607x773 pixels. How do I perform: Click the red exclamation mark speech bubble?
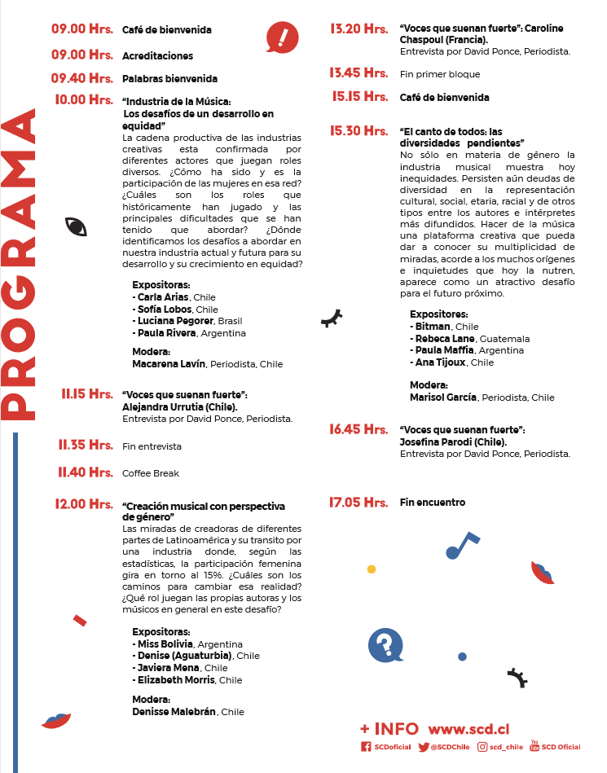pos(282,37)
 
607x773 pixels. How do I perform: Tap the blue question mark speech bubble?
pos(385,646)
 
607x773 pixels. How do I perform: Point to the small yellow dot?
pos(372,569)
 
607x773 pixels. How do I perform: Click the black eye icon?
pos(76,227)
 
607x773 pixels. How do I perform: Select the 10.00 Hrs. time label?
pos(83,100)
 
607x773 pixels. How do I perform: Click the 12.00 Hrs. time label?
pos(84,504)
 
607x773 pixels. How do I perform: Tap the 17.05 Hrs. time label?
pos(358,503)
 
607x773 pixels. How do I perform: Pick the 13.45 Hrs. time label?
pos(358,73)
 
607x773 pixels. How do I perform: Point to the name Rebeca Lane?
pos(444,339)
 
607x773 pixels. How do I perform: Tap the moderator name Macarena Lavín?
pos(169,364)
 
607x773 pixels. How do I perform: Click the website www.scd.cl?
pos(468,729)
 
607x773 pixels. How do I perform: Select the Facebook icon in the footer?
pos(366,747)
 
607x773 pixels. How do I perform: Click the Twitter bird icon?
pos(423,747)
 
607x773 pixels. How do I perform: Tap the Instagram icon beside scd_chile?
pos(483,747)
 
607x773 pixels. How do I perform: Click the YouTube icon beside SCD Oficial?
pos(534,745)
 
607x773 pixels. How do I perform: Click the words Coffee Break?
pos(151,473)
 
